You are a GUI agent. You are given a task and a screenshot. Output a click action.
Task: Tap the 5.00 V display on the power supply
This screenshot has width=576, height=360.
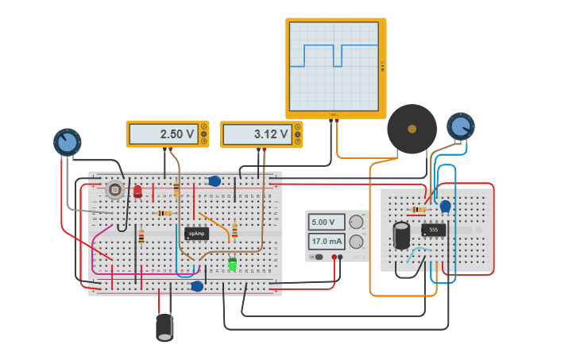coord(327,222)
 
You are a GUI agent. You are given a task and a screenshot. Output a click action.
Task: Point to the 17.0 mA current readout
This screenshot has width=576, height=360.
coord(327,242)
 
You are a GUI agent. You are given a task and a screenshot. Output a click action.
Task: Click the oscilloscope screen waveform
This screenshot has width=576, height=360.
coord(334,66)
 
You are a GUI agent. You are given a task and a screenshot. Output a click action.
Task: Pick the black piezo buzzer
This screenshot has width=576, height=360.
coord(412,129)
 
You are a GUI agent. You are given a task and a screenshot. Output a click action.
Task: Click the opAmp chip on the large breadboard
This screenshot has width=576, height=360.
coord(197,233)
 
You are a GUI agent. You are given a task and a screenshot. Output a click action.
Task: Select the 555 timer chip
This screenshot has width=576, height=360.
coord(433,230)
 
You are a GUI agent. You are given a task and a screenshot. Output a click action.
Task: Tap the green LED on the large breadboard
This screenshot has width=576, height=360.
coord(232,263)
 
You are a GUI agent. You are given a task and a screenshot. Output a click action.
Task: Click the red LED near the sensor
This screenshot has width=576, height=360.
coord(137,191)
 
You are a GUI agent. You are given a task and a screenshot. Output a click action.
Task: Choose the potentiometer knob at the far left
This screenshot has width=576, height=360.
coord(68,142)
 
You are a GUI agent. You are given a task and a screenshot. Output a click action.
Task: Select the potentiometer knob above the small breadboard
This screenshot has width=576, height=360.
coord(460,126)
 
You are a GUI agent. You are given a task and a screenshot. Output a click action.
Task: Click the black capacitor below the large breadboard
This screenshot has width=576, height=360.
coord(164,327)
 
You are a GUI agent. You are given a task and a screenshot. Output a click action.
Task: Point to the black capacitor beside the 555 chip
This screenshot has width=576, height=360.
coord(402,234)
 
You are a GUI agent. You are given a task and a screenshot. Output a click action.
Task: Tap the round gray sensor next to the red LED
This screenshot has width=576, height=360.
coord(114,189)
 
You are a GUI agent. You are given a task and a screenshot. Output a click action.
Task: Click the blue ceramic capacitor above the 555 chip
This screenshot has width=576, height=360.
coord(445,206)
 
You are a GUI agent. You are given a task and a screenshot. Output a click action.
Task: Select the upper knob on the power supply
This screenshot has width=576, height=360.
coord(357,222)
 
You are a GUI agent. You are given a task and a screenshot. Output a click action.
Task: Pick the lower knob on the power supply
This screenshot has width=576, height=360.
coord(357,242)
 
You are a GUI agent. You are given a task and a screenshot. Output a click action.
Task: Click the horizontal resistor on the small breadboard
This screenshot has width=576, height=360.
coord(418,209)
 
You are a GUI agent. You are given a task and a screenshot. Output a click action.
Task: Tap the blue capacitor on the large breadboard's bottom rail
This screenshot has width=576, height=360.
coord(197,286)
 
